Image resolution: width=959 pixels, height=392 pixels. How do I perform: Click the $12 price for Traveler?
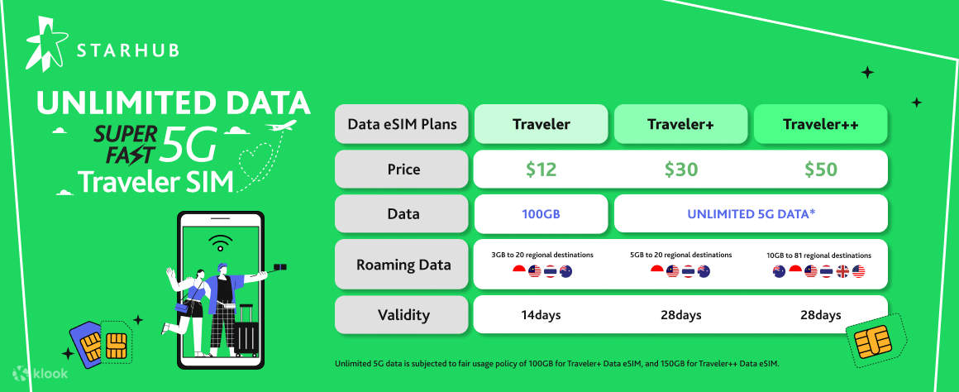click(541, 170)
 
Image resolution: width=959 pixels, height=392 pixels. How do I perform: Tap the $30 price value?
click(680, 170)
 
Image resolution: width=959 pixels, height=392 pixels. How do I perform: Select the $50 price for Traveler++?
click(820, 170)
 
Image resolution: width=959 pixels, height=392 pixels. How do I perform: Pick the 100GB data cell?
click(541, 214)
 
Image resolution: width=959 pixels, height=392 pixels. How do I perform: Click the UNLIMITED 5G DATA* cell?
click(751, 214)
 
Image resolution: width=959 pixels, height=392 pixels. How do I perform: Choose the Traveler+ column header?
click(680, 125)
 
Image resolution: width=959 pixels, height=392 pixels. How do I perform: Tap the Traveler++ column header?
click(820, 125)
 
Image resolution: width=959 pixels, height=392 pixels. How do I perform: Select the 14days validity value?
click(541, 315)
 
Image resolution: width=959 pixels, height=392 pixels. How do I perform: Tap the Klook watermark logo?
click(40, 374)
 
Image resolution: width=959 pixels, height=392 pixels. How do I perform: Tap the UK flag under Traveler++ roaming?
click(841, 272)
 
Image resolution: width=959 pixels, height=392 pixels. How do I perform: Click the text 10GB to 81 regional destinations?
click(819, 255)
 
